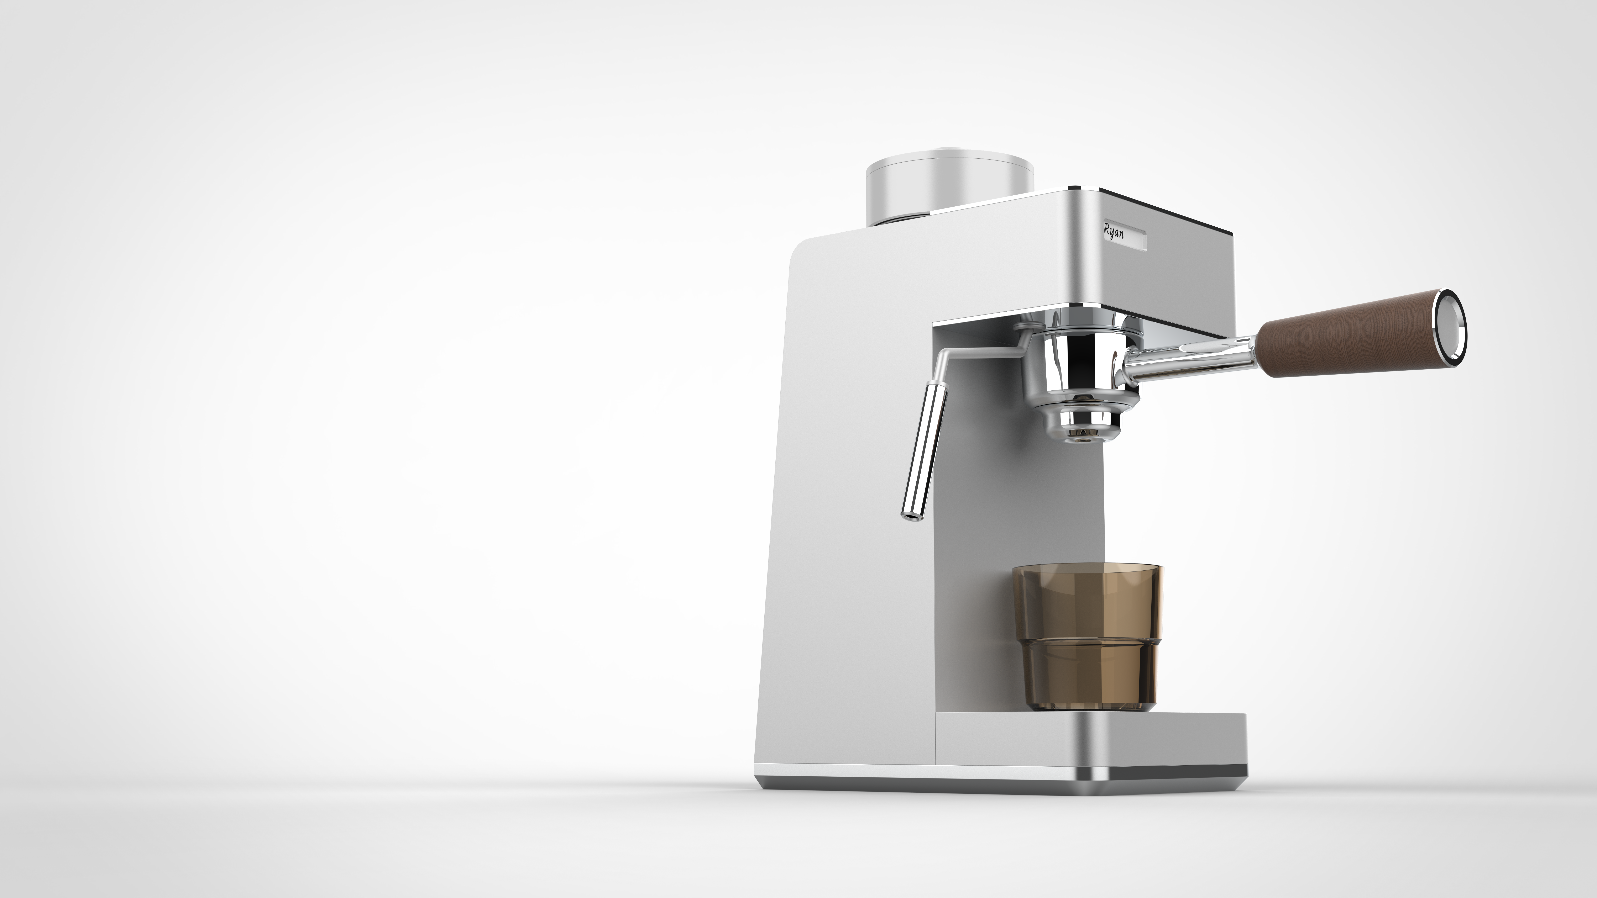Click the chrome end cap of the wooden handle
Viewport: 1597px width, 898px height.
[x=1451, y=325]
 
